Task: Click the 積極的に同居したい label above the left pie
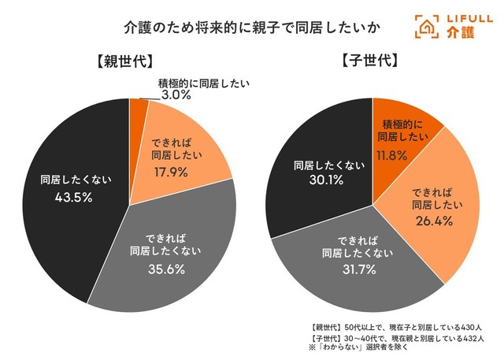195,83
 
